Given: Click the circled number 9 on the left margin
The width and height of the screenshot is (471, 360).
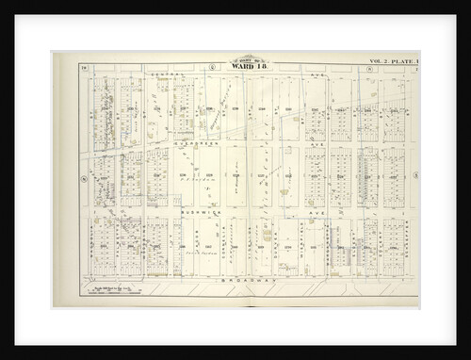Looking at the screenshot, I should pyautogui.click(x=83, y=176).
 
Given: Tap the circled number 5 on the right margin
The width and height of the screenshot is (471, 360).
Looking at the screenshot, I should pyautogui.click(x=415, y=176).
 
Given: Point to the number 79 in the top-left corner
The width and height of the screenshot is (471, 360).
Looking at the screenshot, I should pyautogui.click(x=83, y=62).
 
